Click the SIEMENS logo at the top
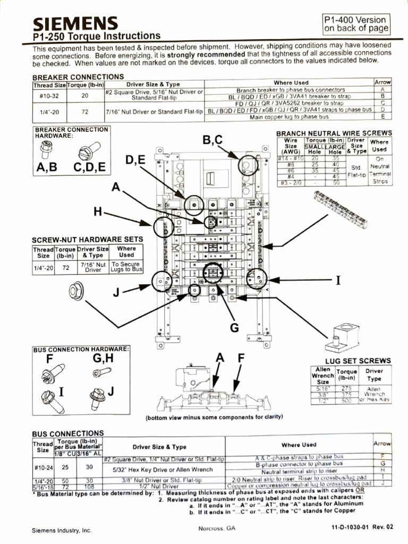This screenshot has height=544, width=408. (75, 23)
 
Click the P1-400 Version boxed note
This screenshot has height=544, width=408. (356, 24)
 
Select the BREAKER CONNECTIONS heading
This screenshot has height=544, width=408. (78, 77)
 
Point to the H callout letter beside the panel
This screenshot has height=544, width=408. (98, 212)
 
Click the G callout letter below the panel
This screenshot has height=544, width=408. (234, 328)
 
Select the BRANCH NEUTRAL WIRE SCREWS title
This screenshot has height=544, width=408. (334, 133)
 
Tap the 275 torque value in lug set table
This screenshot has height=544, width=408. (346, 388)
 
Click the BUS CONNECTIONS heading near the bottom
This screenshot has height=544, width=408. (68, 433)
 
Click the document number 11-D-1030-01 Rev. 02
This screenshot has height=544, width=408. (362, 527)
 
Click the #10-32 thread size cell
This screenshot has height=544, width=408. (49, 96)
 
